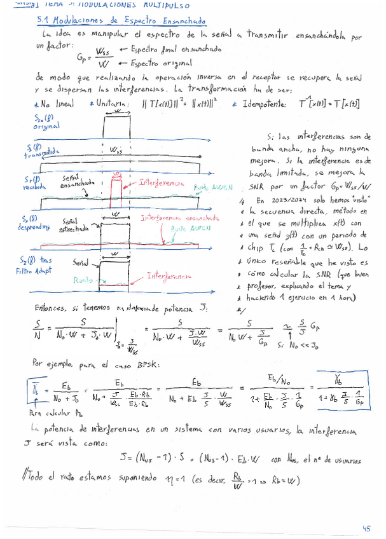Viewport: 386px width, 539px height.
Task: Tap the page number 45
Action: pos(366,527)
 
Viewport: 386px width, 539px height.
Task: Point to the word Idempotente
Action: pos(268,104)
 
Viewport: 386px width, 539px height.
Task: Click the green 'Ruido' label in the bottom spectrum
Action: pos(83,262)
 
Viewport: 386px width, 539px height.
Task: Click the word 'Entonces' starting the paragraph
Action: pos(50,308)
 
